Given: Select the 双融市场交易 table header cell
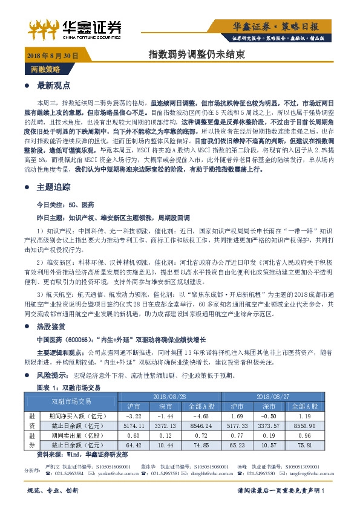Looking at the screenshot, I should pyautogui.click(x=70, y=400).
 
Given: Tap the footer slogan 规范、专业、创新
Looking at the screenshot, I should pyautogui.click(x=53, y=491).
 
